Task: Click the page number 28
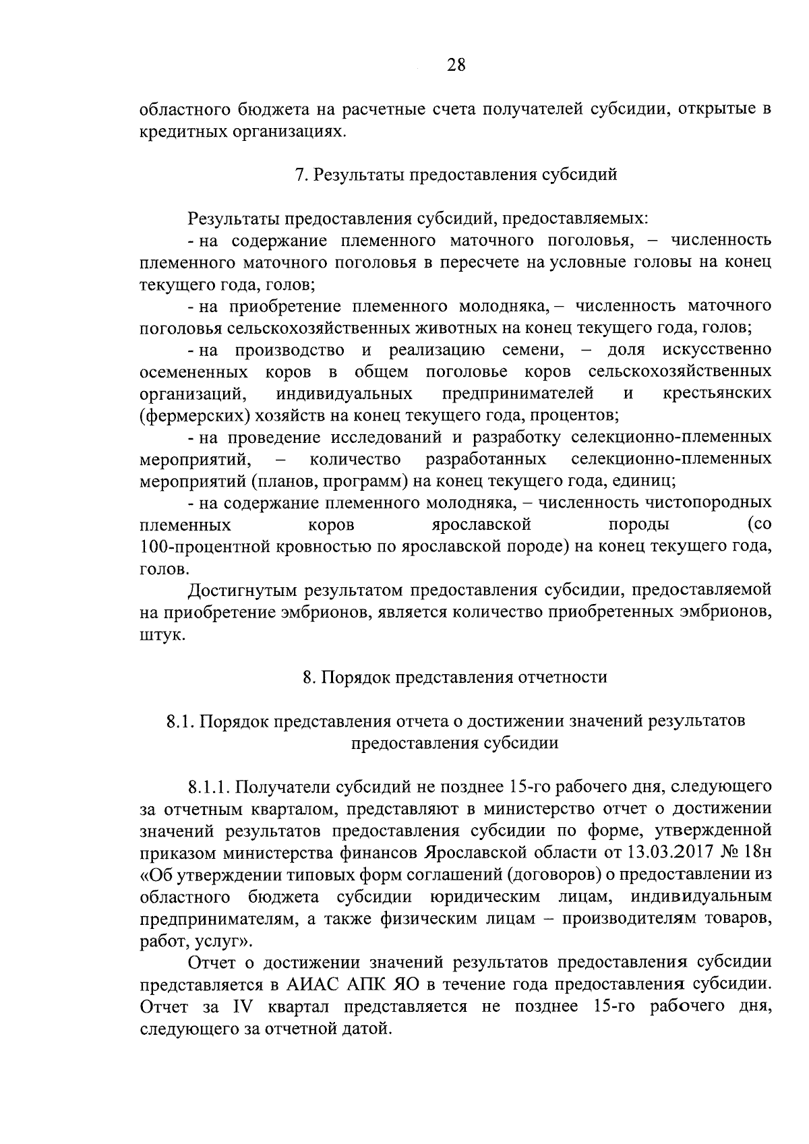(x=456, y=65)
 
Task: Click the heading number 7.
(x=300, y=175)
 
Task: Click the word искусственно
(x=717, y=350)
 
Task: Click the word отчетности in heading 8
(x=562, y=677)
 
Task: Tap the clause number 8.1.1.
(x=210, y=786)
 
